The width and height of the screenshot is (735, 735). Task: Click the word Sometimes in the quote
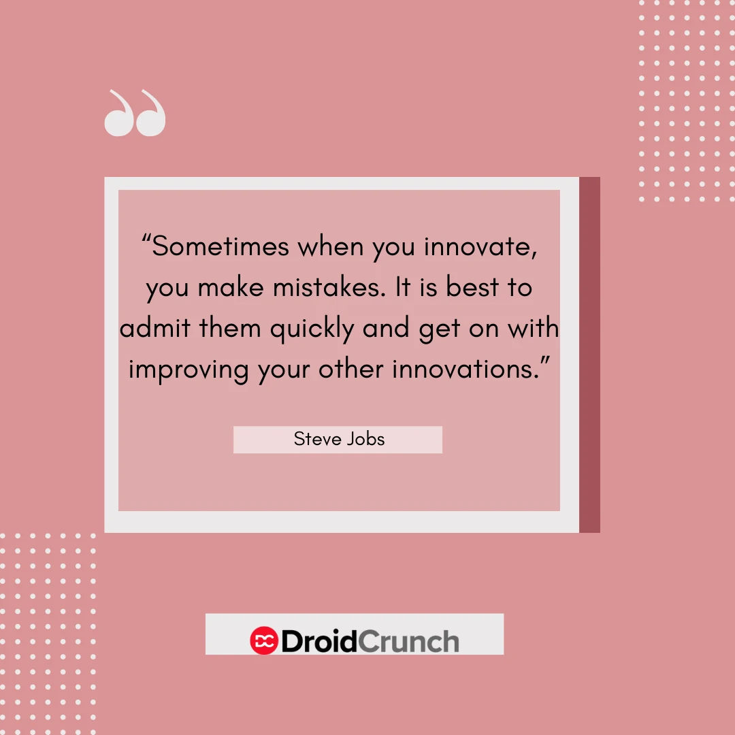[x=220, y=246]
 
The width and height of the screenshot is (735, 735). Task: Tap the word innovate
[x=480, y=246]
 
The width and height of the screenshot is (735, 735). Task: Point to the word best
[x=472, y=287]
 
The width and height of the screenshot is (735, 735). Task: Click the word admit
[x=155, y=327]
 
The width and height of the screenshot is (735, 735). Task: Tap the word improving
[x=189, y=370]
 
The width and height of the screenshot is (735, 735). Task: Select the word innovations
[x=465, y=369]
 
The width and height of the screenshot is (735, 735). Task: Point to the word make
[x=231, y=287]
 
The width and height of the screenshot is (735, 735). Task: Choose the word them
[x=230, y=327]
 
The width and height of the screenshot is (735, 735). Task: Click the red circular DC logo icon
[x=264, y=640]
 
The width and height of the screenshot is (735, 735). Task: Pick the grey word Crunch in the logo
[x=409, y=641]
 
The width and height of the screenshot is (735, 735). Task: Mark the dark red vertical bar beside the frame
[x=589, y=355]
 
